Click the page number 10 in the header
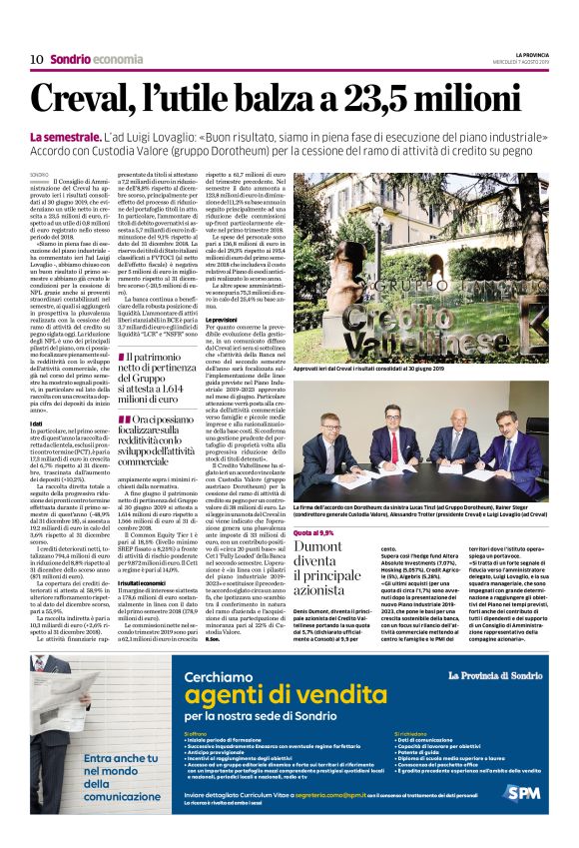click(x=36, y=59)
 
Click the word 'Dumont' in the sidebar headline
click(x=318, y=548)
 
